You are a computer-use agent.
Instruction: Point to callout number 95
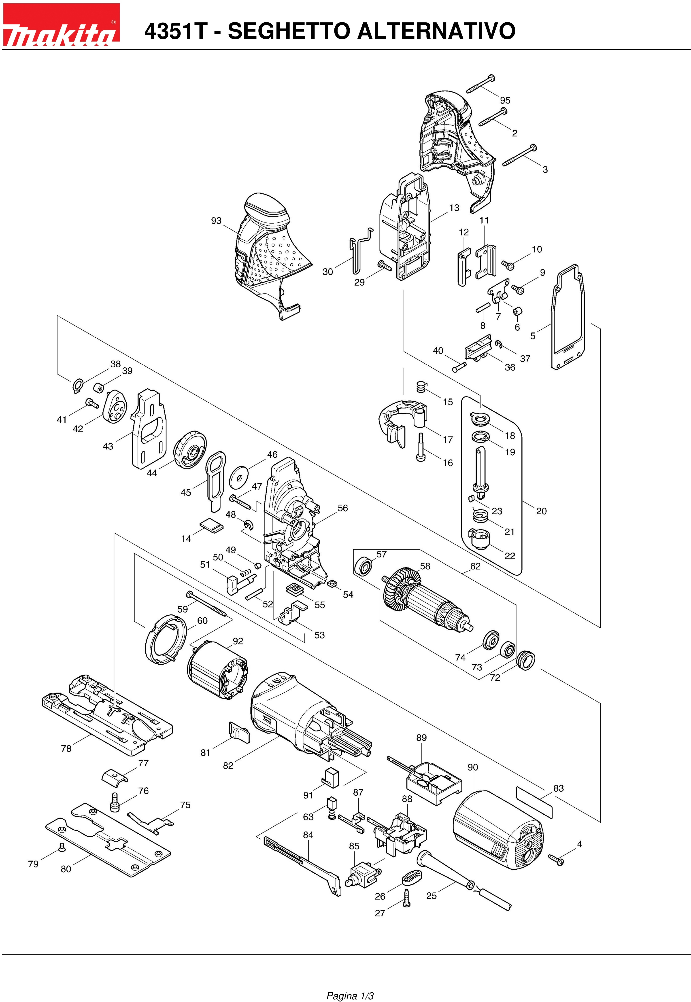505,100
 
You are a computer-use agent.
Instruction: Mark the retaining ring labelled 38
77,385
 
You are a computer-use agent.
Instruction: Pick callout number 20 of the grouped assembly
541,511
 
